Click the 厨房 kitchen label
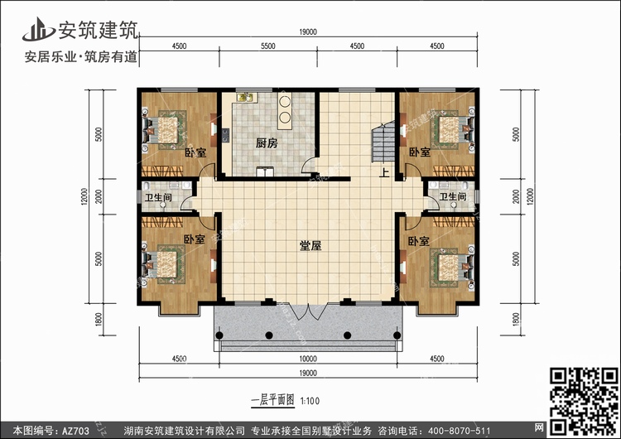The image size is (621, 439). [x=267, y=143]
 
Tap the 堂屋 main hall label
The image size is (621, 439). [x=310, y=246]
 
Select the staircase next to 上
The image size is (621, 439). [x=383, y=142]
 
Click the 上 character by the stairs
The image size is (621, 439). [x=384, y=173]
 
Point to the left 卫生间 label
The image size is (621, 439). [x=158, y=197]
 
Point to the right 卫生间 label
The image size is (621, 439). [x=453, y=196]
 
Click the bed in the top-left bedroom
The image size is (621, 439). [x=165, y=130]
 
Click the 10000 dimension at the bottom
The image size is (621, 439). [x=308, y=359]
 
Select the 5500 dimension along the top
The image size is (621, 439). [x=267, y=46]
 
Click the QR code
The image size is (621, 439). [x=584, y=402]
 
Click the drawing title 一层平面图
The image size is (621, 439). [x=273, y=400]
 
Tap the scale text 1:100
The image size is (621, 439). [x=310, y=401]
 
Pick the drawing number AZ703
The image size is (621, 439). [x=75, y=431]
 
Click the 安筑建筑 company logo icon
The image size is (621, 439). [x=38, y=30]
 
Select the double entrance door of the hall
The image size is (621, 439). [x=309, y=311]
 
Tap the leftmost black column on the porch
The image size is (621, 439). [x=219, y=335]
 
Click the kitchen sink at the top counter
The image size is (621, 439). [x=248, y=97]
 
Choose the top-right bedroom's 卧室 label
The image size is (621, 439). [x=420, y=152]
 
